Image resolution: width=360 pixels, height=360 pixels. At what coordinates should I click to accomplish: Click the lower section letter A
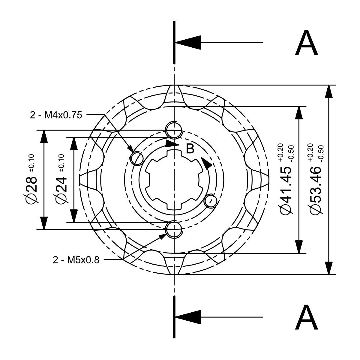(306, 317)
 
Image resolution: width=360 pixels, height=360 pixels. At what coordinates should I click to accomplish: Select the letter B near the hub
(190, 148)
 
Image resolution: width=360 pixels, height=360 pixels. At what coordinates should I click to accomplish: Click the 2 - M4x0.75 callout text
(56, 115)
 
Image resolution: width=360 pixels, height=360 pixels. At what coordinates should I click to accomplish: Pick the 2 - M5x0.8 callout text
(76, 259)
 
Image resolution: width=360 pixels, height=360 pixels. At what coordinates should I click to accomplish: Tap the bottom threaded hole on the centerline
(174, 229)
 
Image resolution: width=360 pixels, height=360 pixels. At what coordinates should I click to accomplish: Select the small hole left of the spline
(137, 158)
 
